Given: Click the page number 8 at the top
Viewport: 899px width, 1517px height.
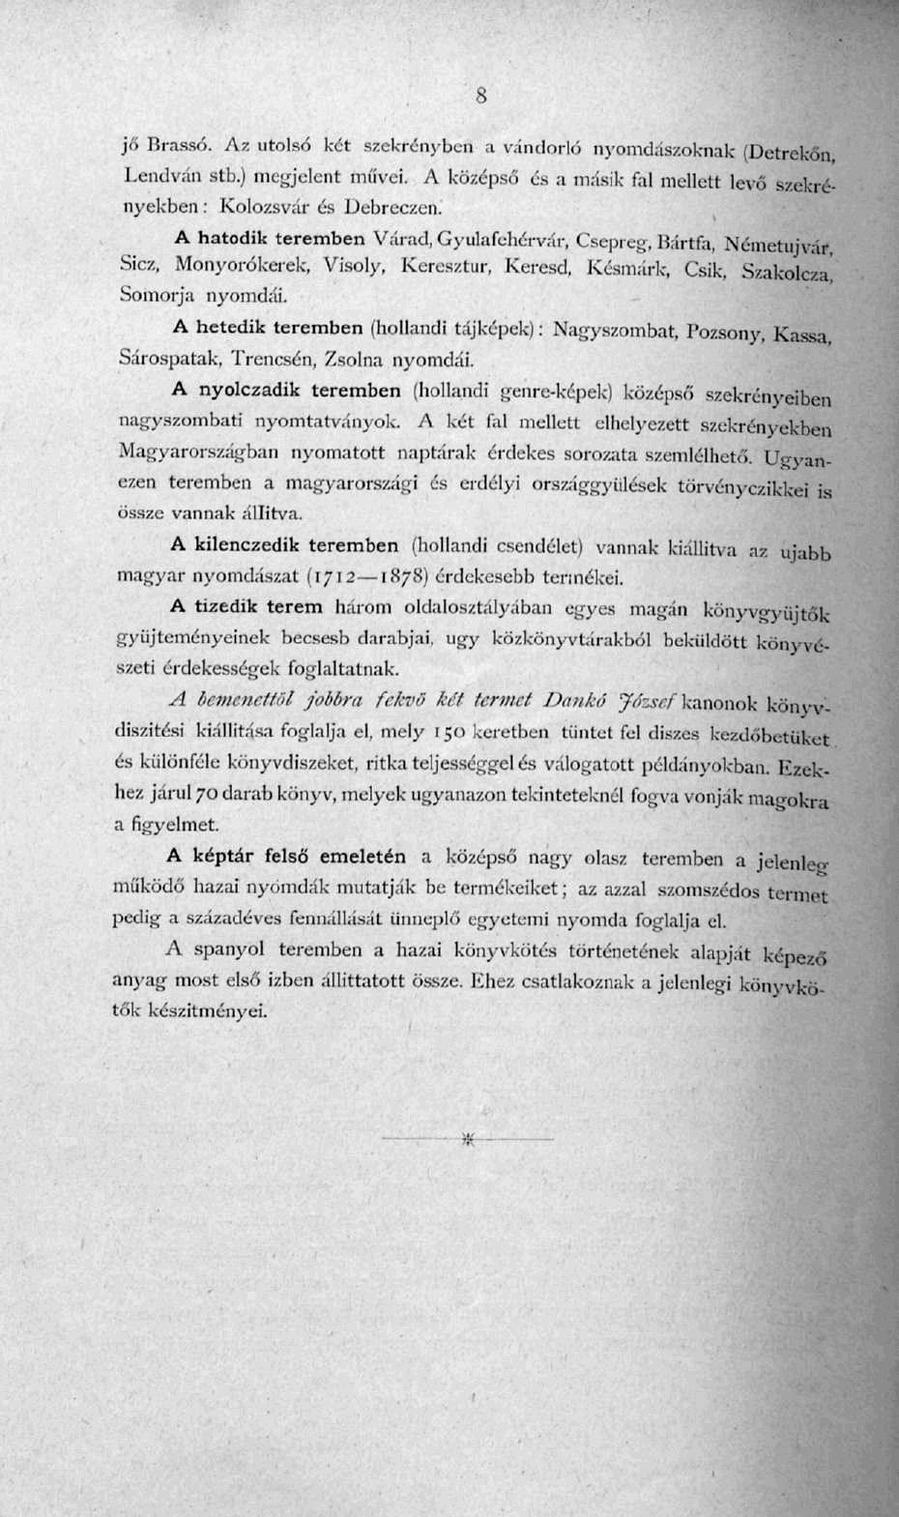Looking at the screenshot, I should coord(478,95).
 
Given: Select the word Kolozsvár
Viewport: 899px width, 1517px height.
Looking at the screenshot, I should coord(264,206).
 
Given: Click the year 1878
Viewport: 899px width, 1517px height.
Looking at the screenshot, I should coord(401,578).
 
